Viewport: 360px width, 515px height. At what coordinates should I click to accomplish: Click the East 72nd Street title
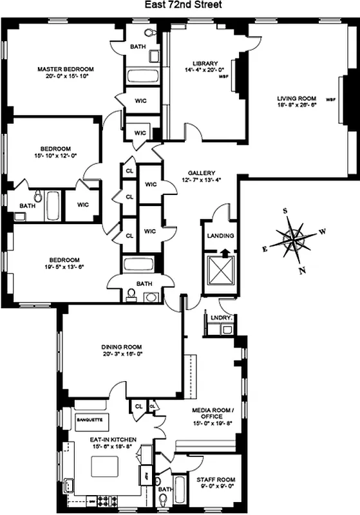coord(180,6)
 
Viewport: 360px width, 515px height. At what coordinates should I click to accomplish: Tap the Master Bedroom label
coord(66,69)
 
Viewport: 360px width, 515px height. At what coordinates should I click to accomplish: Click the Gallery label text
coord(201,173)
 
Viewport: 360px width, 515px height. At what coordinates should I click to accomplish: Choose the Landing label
coord(220,236)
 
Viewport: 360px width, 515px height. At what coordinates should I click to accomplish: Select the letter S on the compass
coord(285,211)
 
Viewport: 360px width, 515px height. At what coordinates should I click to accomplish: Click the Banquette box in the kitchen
coord(90,420)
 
